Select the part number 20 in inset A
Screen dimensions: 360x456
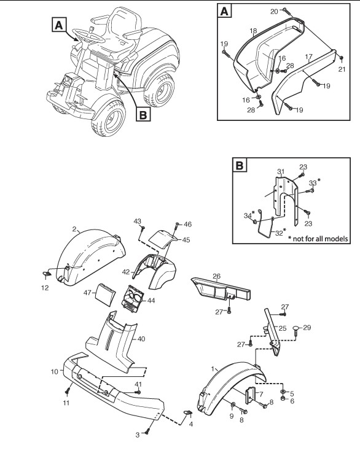point(274,11)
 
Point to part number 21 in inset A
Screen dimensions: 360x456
point(342,69)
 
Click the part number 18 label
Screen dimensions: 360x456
point(253,31)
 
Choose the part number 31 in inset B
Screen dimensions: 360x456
point(281,172)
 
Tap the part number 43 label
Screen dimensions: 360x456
point(138,222)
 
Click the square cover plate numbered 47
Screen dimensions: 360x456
point(104,295)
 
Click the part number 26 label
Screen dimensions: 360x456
point(217,276)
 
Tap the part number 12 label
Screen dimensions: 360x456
point(45,288)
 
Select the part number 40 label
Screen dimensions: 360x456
point(141,339)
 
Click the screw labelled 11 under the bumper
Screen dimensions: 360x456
point(68,390)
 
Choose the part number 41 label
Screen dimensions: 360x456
point(138,384)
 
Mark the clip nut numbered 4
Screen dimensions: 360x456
point(187,412)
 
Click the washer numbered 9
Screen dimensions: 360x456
point(233,404)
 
